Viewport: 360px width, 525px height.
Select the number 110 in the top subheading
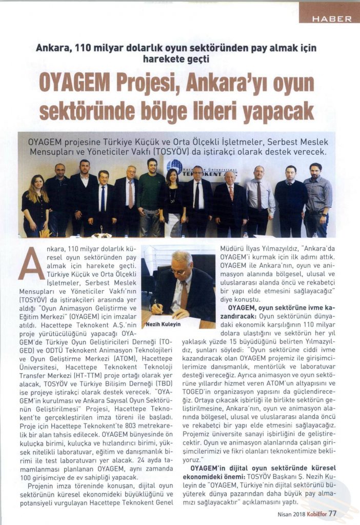81,48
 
